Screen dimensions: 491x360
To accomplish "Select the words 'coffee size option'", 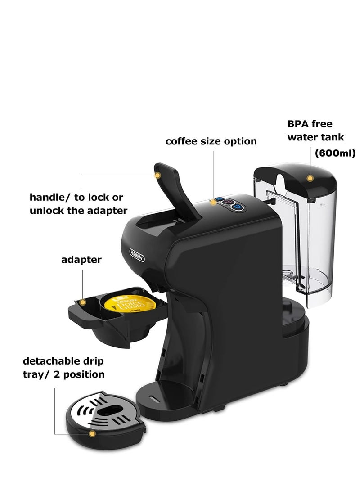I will (211, 141).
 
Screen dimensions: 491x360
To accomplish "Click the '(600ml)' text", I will (335, 153).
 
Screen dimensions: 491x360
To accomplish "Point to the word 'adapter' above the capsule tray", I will (81, 260).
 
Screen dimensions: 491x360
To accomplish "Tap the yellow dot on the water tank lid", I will (310, 179).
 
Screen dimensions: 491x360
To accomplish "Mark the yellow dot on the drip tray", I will (92, 434).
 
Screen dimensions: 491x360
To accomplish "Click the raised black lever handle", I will (175, 189).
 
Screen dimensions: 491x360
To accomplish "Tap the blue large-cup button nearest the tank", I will (238, 207).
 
